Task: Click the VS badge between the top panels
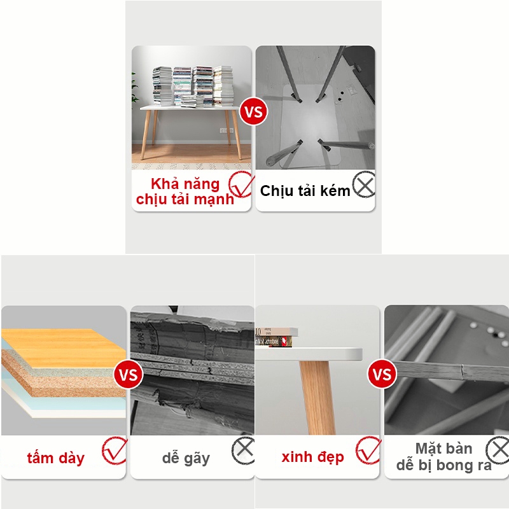[x=253, y=113]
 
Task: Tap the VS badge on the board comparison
[x=128, y=374]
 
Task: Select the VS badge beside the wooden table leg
[x=382, y=374]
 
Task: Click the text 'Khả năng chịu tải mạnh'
[x=185, y=192]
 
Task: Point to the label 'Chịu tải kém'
[x=305, y=191]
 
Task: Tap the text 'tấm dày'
[x=56, y=457]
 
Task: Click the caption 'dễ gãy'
[x=186, y=457]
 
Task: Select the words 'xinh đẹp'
[x=312, y=457]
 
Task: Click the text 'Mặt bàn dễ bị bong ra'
[x=443, y=457]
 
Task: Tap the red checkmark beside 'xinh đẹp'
[x=368, y=450]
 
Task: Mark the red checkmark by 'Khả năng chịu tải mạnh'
[x=242, y=184]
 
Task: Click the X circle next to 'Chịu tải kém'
[x=364, y=186]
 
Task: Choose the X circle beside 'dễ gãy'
[x=243, y=450]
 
